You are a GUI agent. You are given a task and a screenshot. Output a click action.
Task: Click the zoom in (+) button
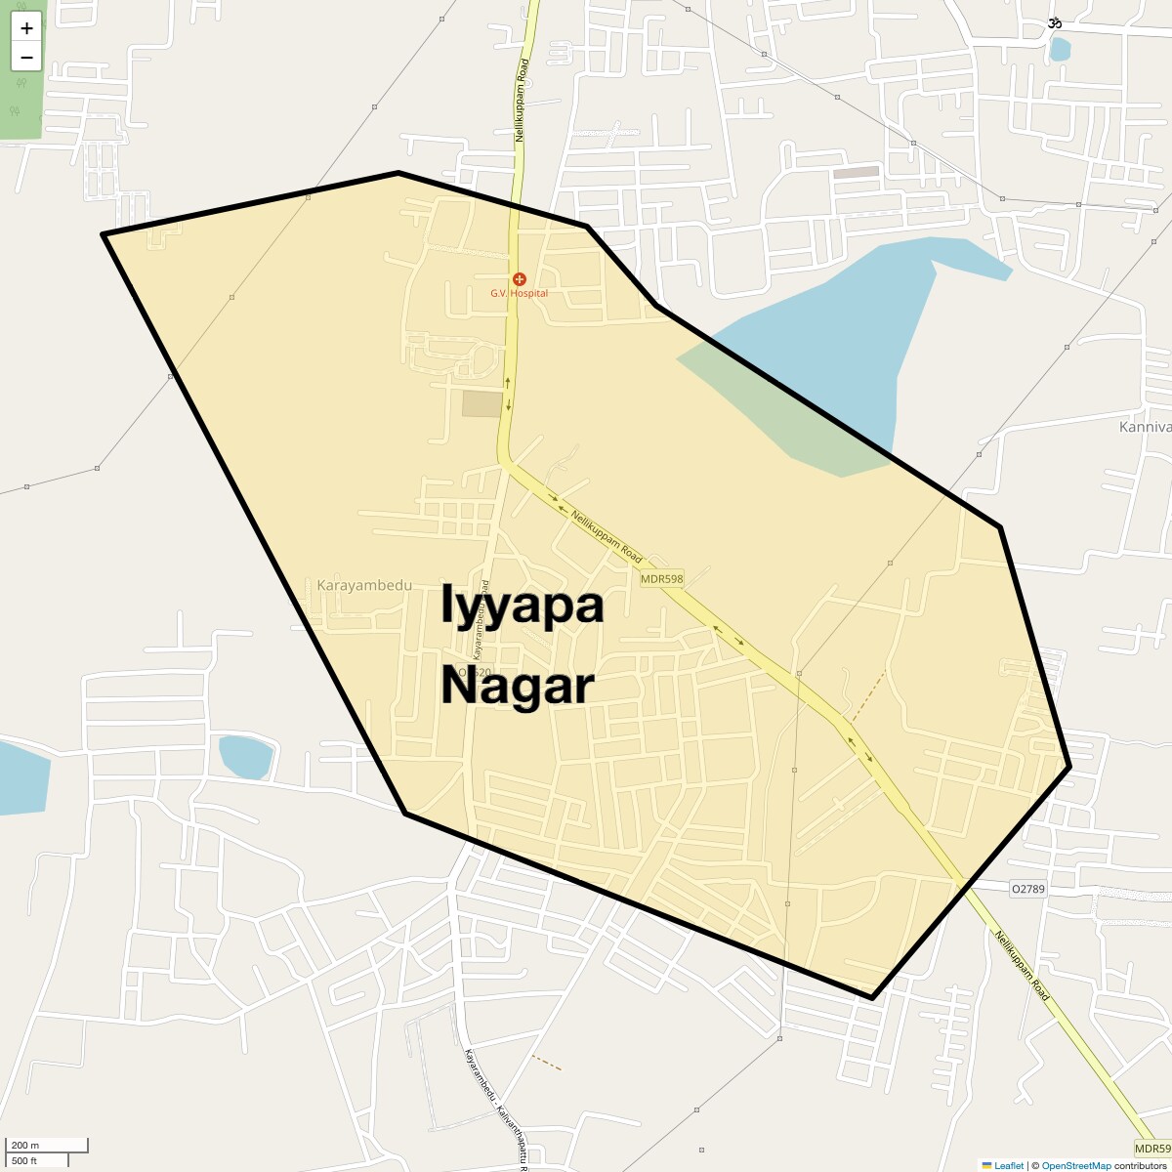pos(26,28)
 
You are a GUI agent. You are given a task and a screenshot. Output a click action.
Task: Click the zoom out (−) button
pos(26,57)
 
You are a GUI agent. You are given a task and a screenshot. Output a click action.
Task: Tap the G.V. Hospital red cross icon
pos(520,279)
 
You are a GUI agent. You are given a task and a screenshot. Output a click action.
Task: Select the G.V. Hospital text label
pos(520,293)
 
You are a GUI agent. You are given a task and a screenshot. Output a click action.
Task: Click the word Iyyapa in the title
pos(523,606)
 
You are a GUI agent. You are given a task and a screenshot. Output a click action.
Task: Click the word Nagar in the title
pos(518,686)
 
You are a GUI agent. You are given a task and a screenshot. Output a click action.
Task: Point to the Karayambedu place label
pos(364,586)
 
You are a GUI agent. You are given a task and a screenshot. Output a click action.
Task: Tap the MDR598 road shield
pos(662,579)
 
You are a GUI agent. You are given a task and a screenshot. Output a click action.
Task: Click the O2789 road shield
pos(1028,889)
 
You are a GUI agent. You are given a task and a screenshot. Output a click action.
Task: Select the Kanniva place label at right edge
pos(1145,427)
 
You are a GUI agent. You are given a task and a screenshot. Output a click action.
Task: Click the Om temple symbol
pos(1055,22)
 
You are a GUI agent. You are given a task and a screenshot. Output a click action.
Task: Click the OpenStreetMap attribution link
pos(1076,1165)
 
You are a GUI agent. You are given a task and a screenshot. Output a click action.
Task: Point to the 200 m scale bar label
pos(26,1145)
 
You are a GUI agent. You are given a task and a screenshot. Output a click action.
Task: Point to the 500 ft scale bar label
pos(24,1160)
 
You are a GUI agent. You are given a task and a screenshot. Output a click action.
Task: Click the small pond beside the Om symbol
pos(1060,48)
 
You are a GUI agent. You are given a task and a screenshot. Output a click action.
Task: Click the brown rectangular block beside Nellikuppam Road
pos(481,403)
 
